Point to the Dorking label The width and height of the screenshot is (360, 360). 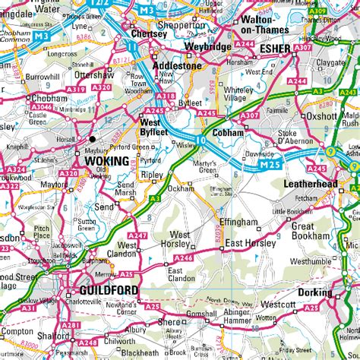pyautogui.click(x=314, y=292)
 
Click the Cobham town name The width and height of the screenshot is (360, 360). pyautogui.click(x=228, y=132)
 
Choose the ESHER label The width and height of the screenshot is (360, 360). pyautogui.click(x=274, y=49)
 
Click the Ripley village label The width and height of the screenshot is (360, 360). pyautogui.click(x=153, y=174)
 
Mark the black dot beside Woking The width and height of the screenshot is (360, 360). pyautogui.click(x=93, y=139)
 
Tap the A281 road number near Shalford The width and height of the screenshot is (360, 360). pyautogui.click(x=71, y=325)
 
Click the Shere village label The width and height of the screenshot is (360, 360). pyautogui.click(x=169, y=322)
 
